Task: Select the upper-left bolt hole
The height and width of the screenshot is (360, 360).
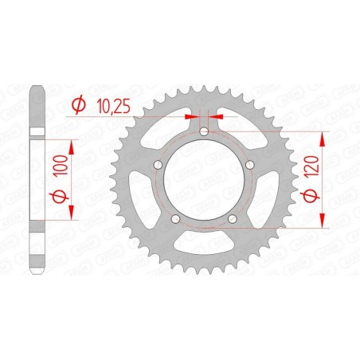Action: (158, 164)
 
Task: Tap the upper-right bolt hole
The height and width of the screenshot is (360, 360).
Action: (248, 164)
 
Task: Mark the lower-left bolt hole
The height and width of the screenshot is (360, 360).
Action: (175, 218)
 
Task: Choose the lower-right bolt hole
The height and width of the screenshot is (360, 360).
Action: (231, 218)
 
